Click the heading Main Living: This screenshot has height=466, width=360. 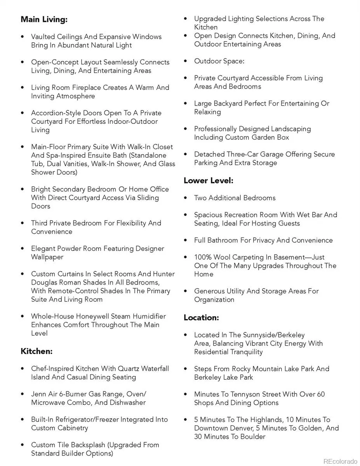coord(44,19)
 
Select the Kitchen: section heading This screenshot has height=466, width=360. coord(37,351)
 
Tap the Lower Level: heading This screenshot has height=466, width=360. coord(208,181)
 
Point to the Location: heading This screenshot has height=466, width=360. coord(201,318)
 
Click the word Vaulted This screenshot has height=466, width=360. coord(43,37)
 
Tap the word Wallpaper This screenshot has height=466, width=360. coord(47,257)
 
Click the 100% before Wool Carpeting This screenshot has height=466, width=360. coord(202,257)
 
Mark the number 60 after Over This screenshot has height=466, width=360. coord(320,395)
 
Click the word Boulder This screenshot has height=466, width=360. coord(253,437)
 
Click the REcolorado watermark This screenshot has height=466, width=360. coord(340,461)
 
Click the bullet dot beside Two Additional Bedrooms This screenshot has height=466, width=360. coord(186,198)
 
